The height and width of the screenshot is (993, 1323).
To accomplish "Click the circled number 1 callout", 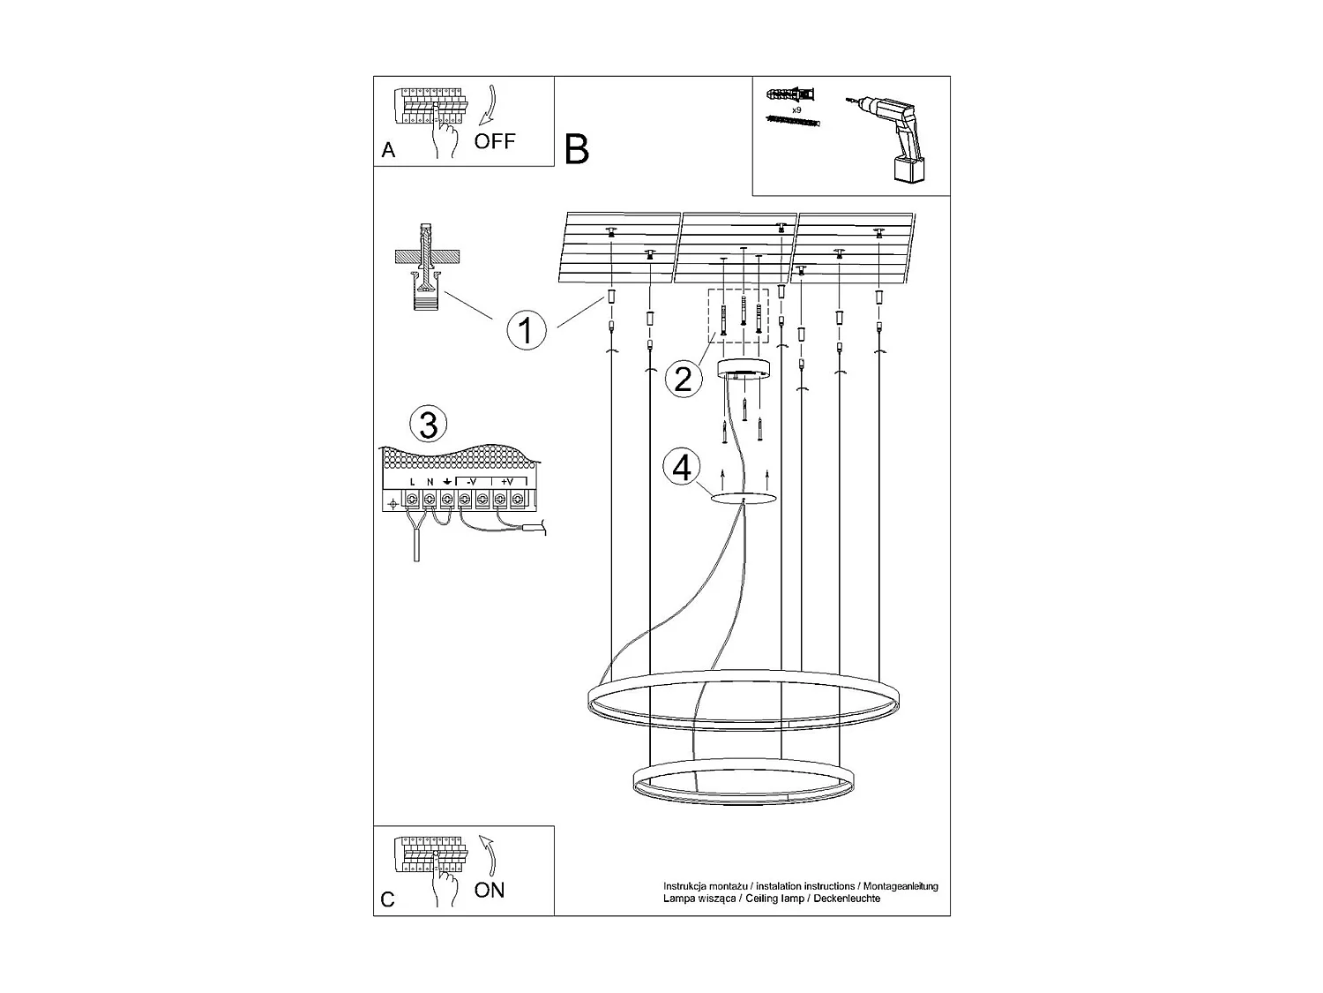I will click(x=527, y=331).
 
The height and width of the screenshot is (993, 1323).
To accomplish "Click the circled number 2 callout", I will click(x=683, y=379).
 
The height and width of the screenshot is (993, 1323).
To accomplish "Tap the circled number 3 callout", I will click(x=428, y=424).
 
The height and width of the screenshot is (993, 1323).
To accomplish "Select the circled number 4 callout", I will click(x=682, y=467).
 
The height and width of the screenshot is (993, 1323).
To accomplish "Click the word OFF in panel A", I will click(x=494, y=141).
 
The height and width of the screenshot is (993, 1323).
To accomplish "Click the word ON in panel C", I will click(x=490, y=890).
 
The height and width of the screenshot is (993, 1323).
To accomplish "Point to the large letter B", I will click(x=576, y=149).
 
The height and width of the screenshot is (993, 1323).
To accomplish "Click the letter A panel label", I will click(x=388, y=151).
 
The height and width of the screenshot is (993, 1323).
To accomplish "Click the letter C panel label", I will click(x=388, y=899).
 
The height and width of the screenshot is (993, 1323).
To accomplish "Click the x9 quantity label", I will click(x=796, y=110).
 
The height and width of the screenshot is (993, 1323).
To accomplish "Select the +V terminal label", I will click(x=507, y=482).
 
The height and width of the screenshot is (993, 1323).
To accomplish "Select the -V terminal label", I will click(x=472, y=482).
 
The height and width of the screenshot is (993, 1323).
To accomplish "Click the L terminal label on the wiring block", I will click(x=412, y=482).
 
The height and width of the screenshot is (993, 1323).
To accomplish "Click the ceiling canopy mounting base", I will click(x=745, y=368).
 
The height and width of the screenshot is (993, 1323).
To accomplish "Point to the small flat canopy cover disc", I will click(x=744, y=500).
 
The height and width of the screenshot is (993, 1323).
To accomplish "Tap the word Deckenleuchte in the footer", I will click(x=848, y=899).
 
